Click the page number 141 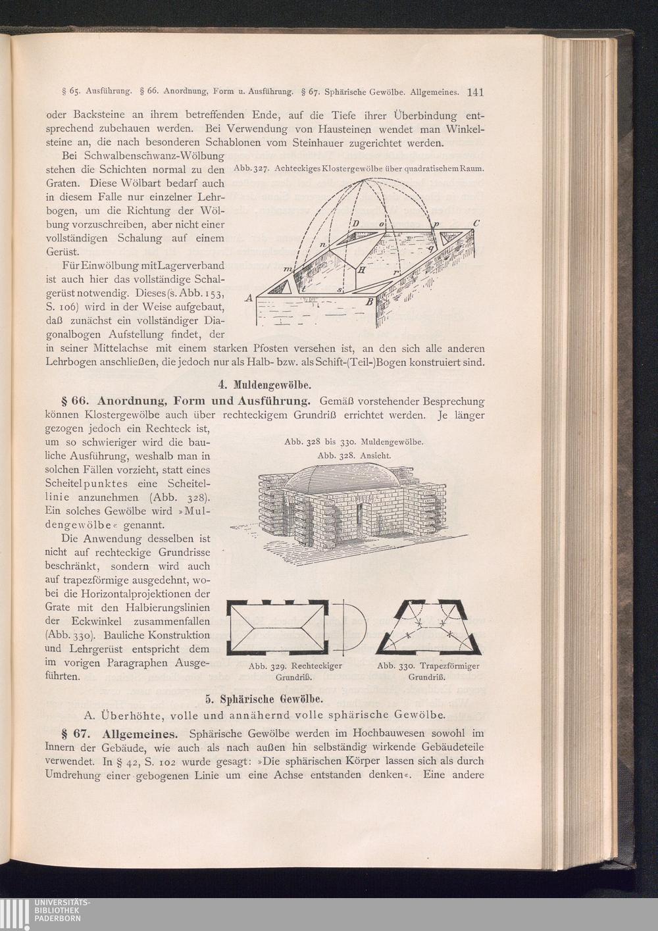point(476,92)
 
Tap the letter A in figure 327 point(249,297)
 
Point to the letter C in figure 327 point(476,223)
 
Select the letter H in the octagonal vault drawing point(361,270)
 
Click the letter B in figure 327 point(368,302)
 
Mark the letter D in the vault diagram point(356,224)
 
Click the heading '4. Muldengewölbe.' point(265,385)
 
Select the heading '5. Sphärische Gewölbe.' point(265,699)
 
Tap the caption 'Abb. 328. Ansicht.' point(354,455)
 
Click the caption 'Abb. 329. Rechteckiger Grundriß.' point(295,671)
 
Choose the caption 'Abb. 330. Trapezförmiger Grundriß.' point(428,671)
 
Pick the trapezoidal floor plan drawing point(428,627)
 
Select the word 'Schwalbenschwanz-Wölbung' point(154,157)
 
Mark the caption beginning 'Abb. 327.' point(359,168)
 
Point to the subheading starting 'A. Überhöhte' point(265,716)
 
